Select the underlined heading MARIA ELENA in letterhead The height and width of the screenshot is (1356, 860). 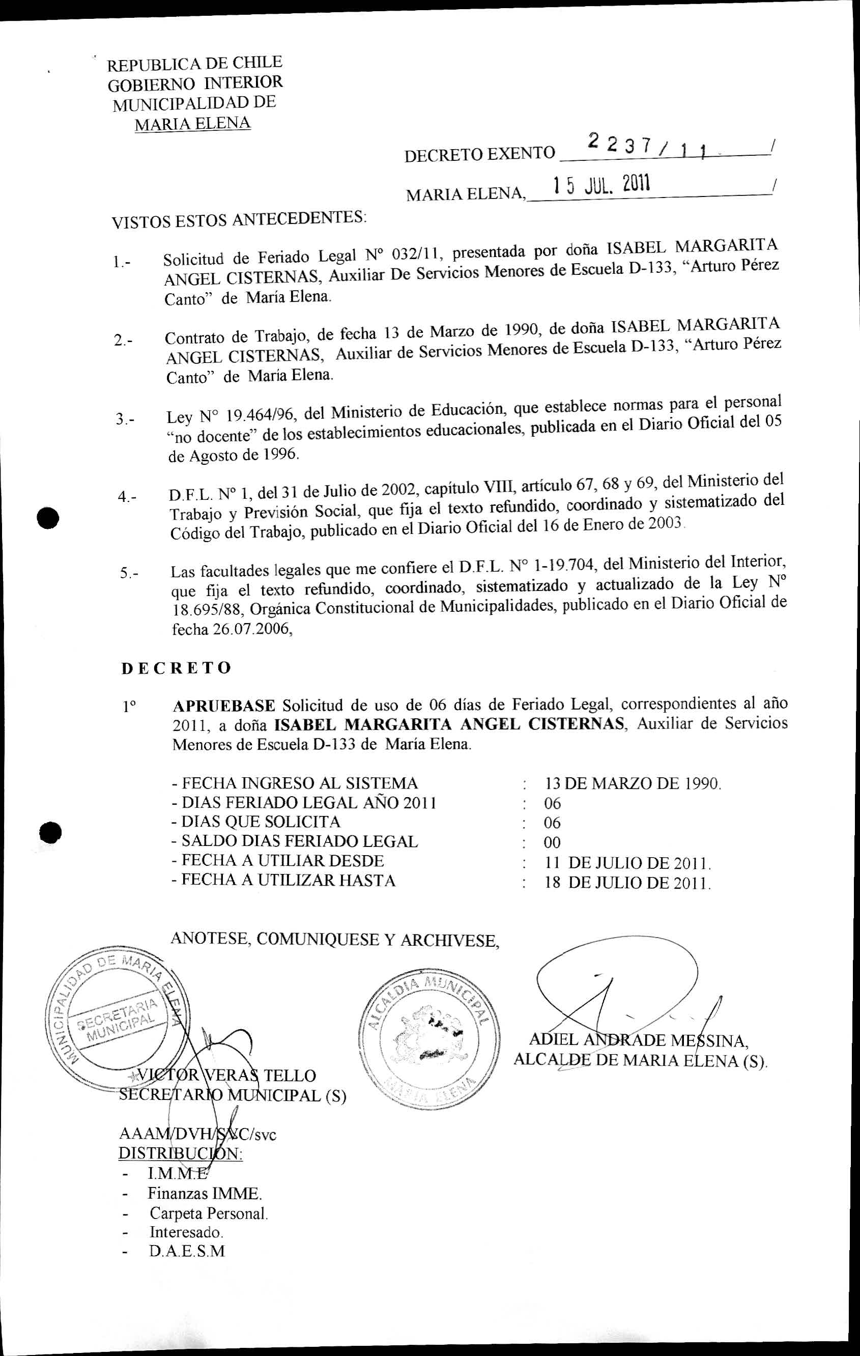192,123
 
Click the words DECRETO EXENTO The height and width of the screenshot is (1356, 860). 479,154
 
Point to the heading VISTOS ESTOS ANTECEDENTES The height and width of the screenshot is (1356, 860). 239,219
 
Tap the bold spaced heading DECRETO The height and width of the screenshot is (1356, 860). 176,668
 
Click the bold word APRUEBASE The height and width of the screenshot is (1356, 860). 224,705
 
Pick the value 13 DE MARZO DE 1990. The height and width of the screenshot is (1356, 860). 633,783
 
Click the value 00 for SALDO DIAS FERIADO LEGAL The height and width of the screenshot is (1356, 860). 552,842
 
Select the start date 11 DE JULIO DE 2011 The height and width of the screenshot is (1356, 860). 627,863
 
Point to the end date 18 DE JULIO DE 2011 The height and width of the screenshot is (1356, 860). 627,882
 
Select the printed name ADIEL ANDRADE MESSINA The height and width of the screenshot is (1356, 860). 638,1040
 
